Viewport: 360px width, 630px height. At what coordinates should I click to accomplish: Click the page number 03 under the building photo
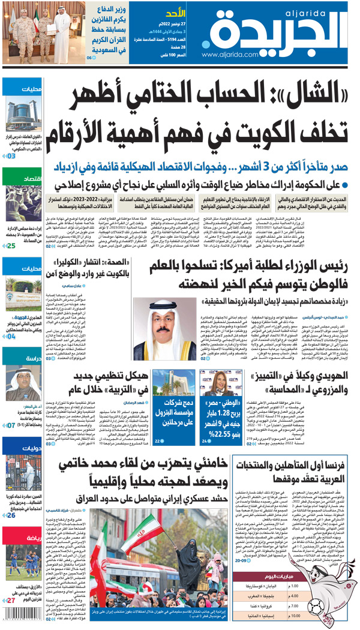point(11,156)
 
